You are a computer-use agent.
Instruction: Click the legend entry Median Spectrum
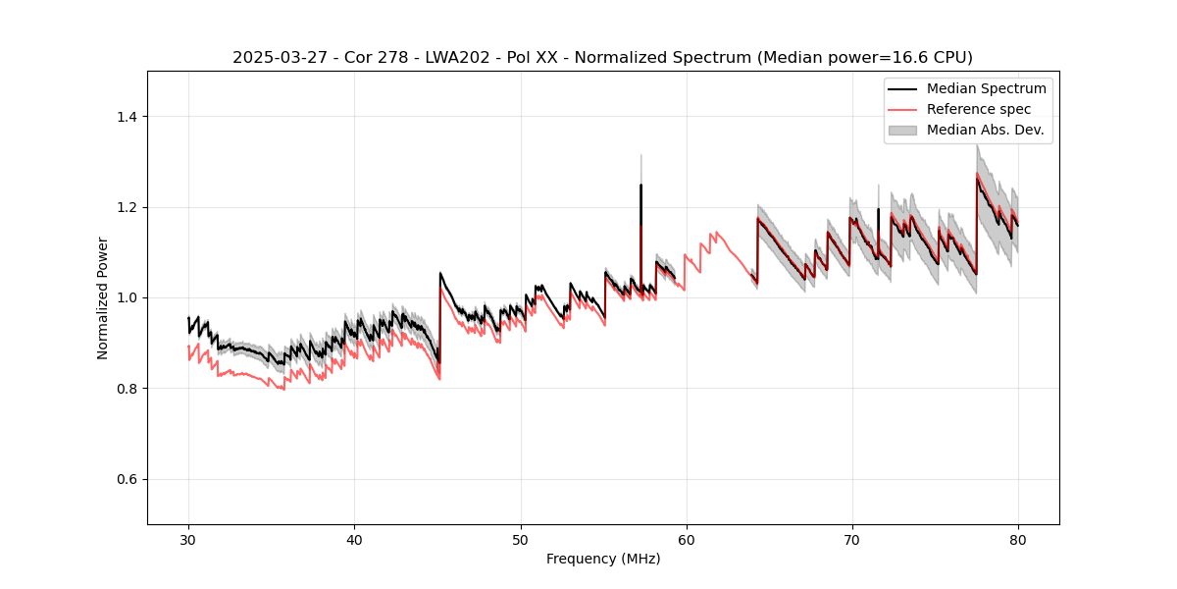pyautogui.click(x=986, y=88)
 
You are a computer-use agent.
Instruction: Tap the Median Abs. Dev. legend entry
pyautogui.click(x=985, y=130)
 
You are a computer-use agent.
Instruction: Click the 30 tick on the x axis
pyautogui.click(x=189, y=539)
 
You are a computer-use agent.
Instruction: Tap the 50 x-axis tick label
pyautogui.click(x=521, y=539)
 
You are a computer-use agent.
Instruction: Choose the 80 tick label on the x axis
pyautogui.click(x=1018, y=539)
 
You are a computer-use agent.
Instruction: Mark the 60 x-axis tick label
pyautogui.click(x=687, y=539)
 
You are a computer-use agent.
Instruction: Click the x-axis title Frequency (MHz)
pyautogui.click(x=603, y=559)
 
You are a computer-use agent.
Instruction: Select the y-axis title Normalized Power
pyautogui.click(x=103, y=297)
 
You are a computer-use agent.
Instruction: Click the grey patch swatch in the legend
pyautogui.click(x=902, y=130)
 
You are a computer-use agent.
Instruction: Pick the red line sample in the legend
pyautogui.click(x=902, y=109)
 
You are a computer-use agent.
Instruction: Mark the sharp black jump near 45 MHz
pyautogui.click(x=439, y=314)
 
